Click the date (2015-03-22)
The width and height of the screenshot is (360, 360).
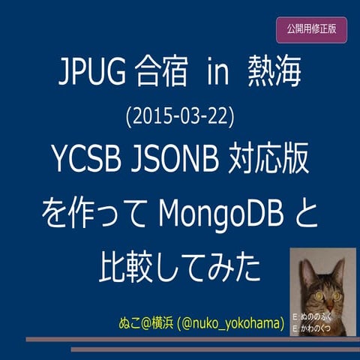point(181,117)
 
